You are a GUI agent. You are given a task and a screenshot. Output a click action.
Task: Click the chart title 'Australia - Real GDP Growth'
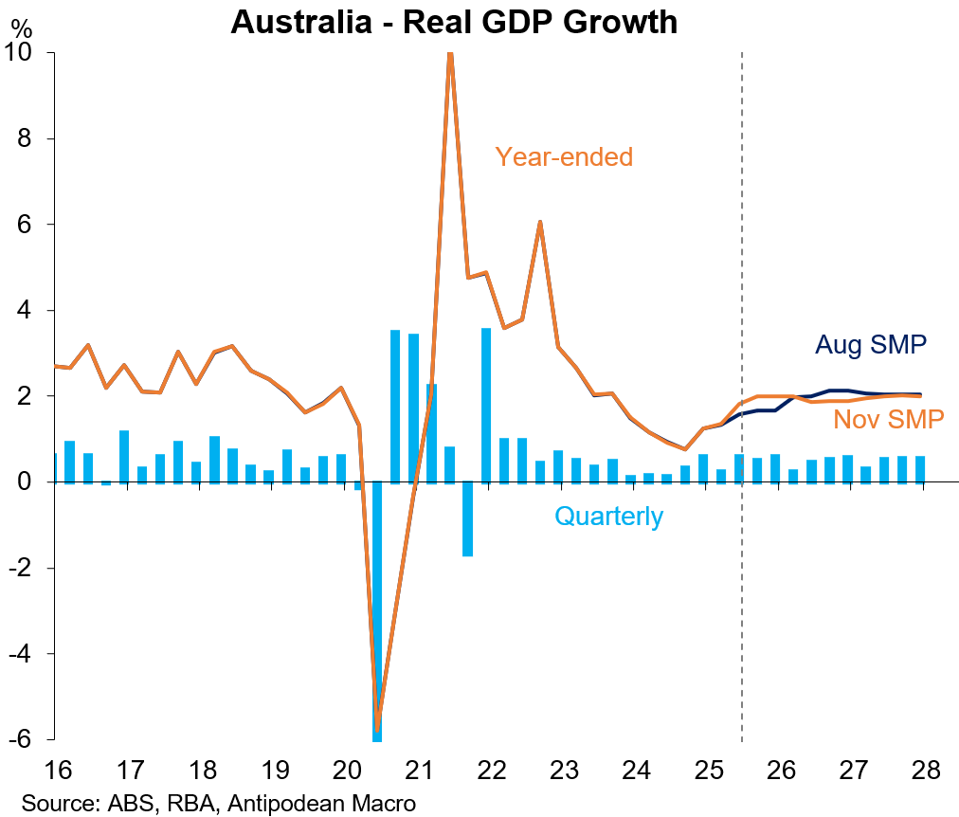[454, 22]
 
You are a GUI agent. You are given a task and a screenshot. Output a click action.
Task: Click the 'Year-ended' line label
[563, 156]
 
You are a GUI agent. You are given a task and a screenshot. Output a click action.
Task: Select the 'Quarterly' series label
[608, 517]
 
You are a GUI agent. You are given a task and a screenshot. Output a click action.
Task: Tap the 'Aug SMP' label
[870, 345]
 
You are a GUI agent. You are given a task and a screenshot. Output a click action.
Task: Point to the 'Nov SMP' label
[888, 419]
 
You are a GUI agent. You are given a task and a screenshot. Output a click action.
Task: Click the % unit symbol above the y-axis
[19, 27]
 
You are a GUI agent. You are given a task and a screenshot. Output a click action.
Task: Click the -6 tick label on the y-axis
[25, 739]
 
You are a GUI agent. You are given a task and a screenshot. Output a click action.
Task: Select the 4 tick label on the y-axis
[31, 311]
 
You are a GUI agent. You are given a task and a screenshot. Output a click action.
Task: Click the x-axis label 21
[420, 768]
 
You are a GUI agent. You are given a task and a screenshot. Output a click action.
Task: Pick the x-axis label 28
[927, 768]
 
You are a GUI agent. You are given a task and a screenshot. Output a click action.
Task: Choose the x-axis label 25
[710, 768]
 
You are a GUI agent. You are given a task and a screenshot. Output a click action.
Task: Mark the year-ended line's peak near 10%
[450, 55]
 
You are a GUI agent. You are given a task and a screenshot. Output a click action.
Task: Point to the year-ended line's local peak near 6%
[539, 223]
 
